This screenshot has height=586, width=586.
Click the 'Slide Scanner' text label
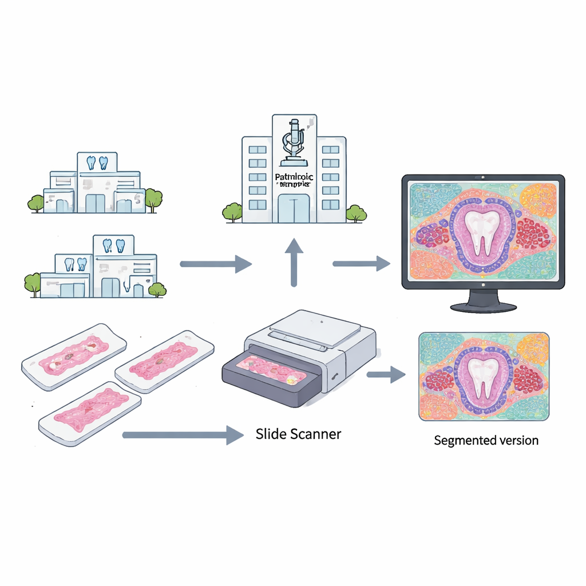coord(298,434)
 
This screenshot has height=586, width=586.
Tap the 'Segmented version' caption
coord(486,440)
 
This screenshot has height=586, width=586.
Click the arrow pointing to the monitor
coord(361,263)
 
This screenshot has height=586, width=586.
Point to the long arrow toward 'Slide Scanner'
coord(183,435)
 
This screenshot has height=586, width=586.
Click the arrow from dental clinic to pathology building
coord(216,264)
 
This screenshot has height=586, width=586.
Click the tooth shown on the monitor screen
coord(482,232)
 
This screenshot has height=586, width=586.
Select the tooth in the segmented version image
coord(482,377)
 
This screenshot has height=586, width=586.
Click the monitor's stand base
coord(484,307)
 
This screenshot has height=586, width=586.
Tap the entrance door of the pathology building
coord(294,208)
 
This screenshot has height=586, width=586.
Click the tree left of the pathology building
coord(232,212)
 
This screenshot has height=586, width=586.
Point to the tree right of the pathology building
coord(356,213)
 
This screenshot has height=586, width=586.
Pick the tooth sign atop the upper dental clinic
coord(97,162)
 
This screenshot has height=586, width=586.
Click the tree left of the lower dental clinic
coord(33,284)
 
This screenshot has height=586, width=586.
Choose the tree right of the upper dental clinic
coord(153,199)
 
